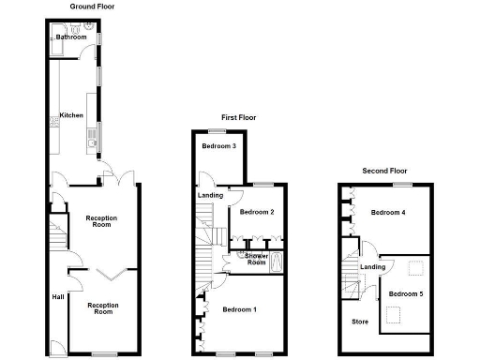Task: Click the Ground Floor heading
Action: (x=92, y=6)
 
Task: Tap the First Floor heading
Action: (x=239, y=118)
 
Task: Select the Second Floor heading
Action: (x=385, y=172)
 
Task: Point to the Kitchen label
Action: (x=71, y=115)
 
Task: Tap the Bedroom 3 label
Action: (x=218, y=146)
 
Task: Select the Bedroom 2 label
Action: (x=256, y=212)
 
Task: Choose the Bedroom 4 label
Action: (x=387, y=212)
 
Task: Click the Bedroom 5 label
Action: (x=406, y=294)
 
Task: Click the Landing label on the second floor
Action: (x=373, y=267)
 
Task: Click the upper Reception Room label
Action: (x=100, y=222)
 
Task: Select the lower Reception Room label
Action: (x=102, y=308)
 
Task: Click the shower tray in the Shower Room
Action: (x=276, y=261)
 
